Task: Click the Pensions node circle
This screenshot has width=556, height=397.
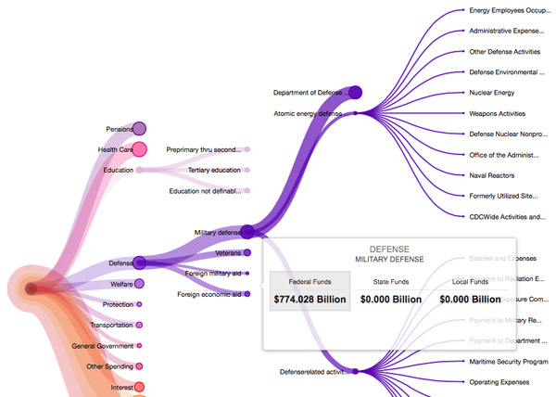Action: click(x=140, y=129)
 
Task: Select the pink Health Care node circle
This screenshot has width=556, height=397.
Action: click(x=140, y=148)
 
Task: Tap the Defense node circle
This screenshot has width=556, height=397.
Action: click(x=140, y=263)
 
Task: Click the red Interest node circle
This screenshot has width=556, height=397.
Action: click(x=140, y=386)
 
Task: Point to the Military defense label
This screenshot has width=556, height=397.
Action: click(x=218, y=232)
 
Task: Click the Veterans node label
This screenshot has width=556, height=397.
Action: click(x=228, y=252)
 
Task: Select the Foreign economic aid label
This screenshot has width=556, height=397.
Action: click(x=208, y=294)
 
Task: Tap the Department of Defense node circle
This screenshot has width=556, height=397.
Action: click(x=355, y=92)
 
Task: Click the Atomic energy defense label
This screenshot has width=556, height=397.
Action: click(x=308, y=113)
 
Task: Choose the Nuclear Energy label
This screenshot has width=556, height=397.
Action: click(x=492, y=93)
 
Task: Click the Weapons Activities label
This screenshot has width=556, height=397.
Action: click(x=498, y=113)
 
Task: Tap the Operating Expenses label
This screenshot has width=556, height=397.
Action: click(x=499, y=381)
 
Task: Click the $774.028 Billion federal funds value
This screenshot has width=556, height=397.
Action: click(x=310, y=299)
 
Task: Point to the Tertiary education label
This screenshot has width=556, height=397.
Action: click(x=213, y=170)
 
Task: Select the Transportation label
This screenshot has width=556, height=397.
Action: click(x=111, y=325)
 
